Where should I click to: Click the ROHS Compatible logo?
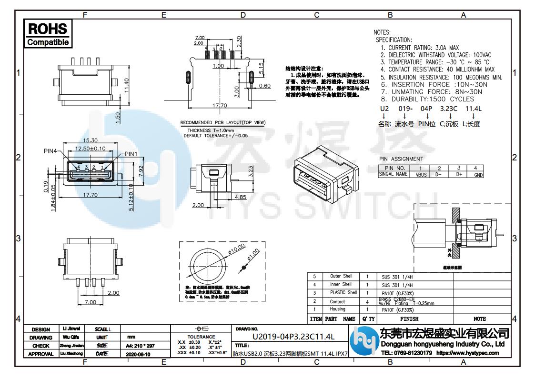click(x=48, y=33)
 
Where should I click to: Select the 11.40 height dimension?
click(x=127, y=87)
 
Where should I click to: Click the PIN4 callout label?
click(x=49, y=151)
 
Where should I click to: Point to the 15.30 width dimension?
click(x=90, y=141)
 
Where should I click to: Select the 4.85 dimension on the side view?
click(x=241, y=197)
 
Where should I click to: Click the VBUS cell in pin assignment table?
click(x=421, y=175)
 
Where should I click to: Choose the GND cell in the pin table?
click(x=478, y=175)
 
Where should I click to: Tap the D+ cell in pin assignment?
click(x=459, y=175)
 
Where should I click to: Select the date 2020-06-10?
click(x=138, y=354)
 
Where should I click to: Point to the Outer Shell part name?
click(x=341, y=276)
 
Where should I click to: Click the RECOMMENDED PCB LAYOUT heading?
click(x=222, y=123)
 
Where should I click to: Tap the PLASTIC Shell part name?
click(x=343, y=292)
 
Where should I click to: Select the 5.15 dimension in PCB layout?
click(x=262, y=69)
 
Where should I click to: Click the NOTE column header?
click(x=479, y=318)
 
